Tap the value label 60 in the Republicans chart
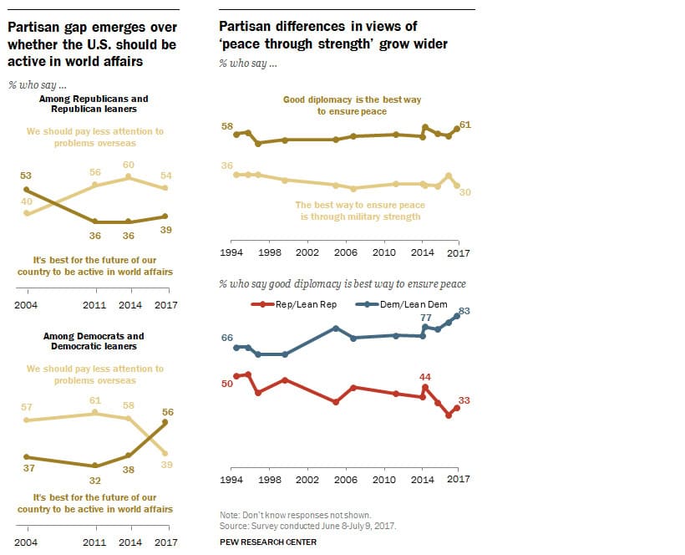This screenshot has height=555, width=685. coord(129,165)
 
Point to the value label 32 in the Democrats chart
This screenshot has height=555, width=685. coord(94,480)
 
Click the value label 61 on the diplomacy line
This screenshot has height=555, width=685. coord(465,125)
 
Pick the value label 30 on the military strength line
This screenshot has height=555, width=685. coord(465,191)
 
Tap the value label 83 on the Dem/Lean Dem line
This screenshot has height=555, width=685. coord(465,311)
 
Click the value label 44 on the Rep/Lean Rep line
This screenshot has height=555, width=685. coord(424,376)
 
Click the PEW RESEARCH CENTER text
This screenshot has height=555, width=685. coord(267,542)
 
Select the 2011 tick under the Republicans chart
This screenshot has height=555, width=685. coord(94,305)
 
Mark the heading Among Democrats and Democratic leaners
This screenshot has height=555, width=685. coord(94,341)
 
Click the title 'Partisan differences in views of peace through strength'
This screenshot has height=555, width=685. coord(333,35)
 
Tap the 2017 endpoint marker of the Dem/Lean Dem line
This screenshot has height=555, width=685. coord(457,316)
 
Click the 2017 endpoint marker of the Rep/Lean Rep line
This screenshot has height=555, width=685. coord(457,408)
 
